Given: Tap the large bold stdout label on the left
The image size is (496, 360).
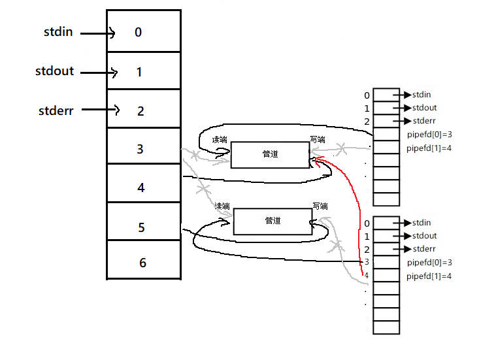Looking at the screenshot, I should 55,70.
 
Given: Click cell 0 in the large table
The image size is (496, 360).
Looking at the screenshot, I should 144,32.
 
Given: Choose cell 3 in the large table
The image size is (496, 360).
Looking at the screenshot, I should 144,149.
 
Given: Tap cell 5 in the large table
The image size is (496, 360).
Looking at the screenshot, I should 144,227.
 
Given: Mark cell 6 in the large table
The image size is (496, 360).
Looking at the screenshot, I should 144,263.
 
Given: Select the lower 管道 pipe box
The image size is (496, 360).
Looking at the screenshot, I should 273,221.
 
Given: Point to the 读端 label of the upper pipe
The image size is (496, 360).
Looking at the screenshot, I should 221,140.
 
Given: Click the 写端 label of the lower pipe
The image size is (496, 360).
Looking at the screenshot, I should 320,206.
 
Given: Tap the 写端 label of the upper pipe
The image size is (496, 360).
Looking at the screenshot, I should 318,140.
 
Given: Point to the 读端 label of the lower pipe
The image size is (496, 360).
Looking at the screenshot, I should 223,206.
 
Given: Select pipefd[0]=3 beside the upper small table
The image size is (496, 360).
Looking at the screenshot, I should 429,134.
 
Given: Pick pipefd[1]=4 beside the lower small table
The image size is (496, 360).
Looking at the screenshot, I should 429,276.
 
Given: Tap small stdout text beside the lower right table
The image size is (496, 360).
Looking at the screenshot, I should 425,236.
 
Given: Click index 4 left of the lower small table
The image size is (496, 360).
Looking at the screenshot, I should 367,276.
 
